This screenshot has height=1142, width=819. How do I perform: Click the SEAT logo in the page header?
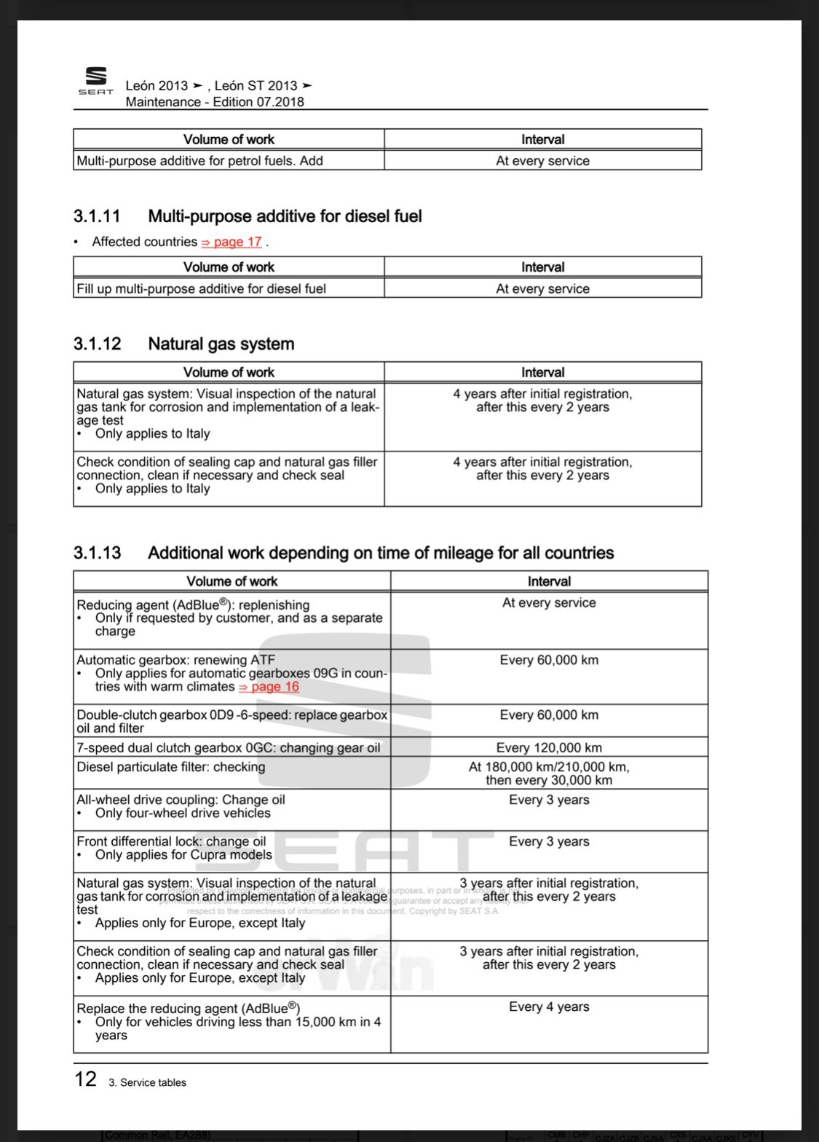pos(96,81)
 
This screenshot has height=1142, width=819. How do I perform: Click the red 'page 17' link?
pos(232,242)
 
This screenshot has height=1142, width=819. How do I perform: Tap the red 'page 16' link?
pos(269,687)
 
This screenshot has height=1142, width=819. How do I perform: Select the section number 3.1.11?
pos(97,216)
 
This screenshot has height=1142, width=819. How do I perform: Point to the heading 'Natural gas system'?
pos(221,344)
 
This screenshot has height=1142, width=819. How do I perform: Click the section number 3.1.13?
pos(97,553)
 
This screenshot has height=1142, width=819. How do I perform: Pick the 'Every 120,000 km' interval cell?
pos(549,747)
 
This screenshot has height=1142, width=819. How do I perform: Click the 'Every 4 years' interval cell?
pos(549,1007)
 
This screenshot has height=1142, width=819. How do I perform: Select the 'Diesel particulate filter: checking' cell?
pos(171,767)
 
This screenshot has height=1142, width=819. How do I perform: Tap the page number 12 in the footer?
pos(86,1079)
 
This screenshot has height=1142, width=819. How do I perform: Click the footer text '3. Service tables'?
pos(147,1083)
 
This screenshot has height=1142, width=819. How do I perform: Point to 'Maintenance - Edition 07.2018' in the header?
pos(215,102)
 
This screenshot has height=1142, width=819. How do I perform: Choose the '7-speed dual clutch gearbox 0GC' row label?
pos(229,747)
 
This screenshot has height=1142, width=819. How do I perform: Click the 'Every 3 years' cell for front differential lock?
pos(549,841)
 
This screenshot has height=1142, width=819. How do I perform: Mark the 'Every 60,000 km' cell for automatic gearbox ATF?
pos(549,660)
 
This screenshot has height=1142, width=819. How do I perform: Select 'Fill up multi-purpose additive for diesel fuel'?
pos(202,288)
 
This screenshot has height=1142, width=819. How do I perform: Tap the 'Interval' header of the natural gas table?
pos(543,372)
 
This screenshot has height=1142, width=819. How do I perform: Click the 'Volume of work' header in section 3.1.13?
pos(232,581)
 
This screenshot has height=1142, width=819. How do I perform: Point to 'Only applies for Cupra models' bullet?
pos(183,855)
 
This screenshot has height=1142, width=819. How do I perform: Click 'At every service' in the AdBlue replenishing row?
pos(549,603)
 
